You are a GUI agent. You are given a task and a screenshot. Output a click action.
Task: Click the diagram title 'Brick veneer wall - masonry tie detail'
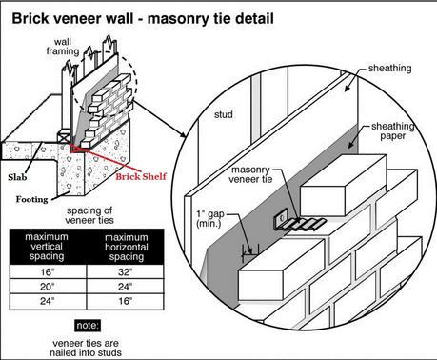pyautogui.click(x=143, y=19)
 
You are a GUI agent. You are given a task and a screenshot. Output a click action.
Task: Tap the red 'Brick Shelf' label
pyautogui.click(x=141, y=176)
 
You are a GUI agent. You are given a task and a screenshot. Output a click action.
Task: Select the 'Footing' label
pyautogui.click(x=32, y=199)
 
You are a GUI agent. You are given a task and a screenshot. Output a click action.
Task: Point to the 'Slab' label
pyautogui.click(x=17, y=177)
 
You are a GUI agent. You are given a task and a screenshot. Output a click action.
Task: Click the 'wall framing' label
pyautogui.click(x=63, y=47)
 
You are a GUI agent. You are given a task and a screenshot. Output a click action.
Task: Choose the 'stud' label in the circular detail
pyautogui.click(x=224, y=114)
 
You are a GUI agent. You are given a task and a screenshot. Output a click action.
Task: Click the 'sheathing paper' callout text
pyautogui.click(x=393, y=130)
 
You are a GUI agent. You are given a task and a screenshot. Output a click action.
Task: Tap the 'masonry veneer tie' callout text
pyautogui.click(x=250, y=174)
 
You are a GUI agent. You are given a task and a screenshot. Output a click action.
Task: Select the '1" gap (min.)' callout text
pyautogui.click(x=210, y=219)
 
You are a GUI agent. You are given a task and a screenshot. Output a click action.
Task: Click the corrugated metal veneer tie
pyautogui.click(x=300, y=223)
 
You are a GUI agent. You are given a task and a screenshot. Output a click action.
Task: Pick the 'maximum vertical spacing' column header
pyautogui.click(x=47, y=247)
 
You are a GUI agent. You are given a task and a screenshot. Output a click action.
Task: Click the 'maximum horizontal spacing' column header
pyautogui.click(x=127, y=247)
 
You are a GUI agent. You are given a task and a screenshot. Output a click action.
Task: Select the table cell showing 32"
pyautogui.click(x=125, y=271)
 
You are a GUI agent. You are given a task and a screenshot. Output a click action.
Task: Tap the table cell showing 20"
pyautogui.click(x=48, y=287)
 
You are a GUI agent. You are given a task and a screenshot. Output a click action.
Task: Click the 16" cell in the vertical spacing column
pyautogui.click(x=48, y=271)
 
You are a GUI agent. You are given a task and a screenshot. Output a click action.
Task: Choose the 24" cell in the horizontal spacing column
pyautogui.click(x=125, y=287)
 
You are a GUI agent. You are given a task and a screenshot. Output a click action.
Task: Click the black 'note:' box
pyautogui.click(x=88, y=326)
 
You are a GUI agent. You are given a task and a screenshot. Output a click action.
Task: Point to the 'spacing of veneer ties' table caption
pyautogui.click(x=89, y=215)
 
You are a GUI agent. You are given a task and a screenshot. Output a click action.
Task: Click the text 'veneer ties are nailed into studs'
pyautogui.click(x=86, y=348)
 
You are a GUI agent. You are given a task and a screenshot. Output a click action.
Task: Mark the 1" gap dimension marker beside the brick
pyautogui.click(x=250, y=253)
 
